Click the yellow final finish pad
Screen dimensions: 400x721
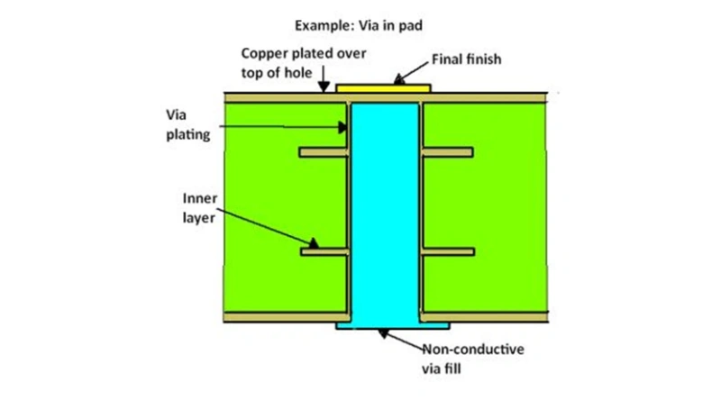pyautogui.click(x=383, y=87)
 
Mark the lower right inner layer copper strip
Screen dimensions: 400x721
pyautogui.click(x=448, y=252)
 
